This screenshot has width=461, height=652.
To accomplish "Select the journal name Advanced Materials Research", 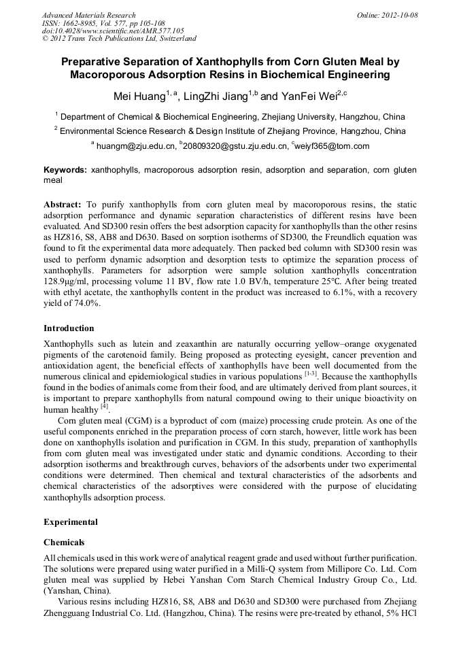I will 88,15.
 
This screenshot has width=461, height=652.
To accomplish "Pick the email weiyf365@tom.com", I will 332,145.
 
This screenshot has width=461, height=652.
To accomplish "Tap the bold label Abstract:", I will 63,204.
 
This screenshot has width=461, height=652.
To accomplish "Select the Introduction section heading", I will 69,328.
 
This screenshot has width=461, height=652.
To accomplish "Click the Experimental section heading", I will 71,522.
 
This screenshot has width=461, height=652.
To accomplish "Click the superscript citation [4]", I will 105,407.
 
